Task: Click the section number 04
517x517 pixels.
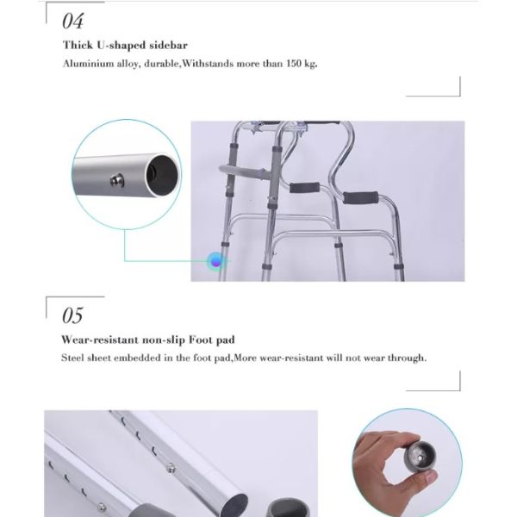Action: [x=73, y=21]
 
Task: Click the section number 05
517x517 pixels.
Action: [x=72, y=315]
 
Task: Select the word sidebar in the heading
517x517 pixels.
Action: [x=169, y=45]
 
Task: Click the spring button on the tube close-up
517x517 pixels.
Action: [x=116, y=180]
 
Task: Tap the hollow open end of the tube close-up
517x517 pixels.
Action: [x=164, y=175]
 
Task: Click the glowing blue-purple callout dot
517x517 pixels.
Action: [x=216, y=262]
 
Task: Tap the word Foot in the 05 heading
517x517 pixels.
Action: [x=201, y=339]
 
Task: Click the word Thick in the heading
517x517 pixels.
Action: [x=78, y=45]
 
